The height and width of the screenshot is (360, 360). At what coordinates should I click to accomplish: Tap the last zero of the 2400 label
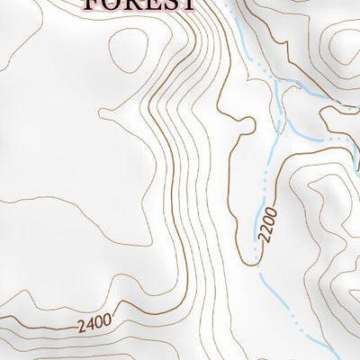click(107, 317)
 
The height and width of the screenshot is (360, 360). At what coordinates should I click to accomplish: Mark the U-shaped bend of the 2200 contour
click(247, 261)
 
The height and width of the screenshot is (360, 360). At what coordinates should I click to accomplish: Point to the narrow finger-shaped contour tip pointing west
click(103, 112)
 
